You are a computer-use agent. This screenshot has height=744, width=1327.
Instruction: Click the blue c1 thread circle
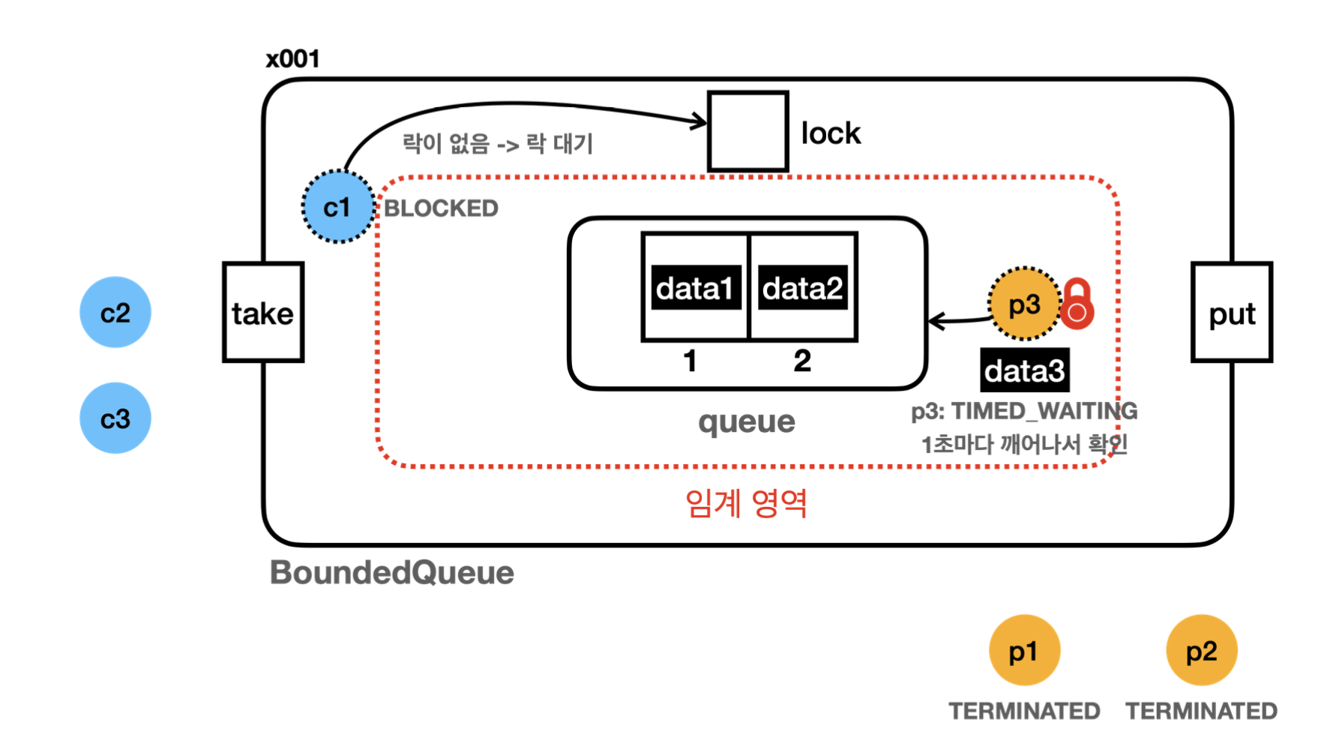[338, 207]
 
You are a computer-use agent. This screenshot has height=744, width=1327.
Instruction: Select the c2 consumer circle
[115, 312]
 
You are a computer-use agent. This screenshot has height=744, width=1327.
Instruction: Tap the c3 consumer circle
[115, 418]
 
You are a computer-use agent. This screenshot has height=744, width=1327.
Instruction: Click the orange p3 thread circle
[1024, 304]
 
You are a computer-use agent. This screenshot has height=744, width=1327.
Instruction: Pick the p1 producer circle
[1024, 650]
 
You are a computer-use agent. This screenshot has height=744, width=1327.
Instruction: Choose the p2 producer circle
[1201, 650]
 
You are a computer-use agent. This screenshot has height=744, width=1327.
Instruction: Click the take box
[263, 312]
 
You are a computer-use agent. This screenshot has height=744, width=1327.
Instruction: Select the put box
[1232, 312]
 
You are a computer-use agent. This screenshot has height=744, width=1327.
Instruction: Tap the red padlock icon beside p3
[1077, 304]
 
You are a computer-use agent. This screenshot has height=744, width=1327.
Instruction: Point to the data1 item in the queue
[696, 287]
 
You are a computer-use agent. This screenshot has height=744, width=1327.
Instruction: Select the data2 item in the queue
[803, 287]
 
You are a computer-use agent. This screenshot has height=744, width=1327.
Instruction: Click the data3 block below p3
[1025, 370]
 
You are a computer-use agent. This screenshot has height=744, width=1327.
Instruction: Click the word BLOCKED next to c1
[441, 208]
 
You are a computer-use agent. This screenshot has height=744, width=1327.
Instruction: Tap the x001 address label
[293, 58]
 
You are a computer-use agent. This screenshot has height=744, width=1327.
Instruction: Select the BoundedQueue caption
[392, 572]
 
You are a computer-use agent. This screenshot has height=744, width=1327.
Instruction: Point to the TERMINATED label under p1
[1024, 710]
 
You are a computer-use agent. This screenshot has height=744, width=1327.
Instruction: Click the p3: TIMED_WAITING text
[1024, 411]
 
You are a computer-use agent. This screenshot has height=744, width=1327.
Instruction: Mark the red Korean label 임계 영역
[746, 502]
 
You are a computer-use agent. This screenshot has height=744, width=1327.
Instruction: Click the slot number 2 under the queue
[802, 361]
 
